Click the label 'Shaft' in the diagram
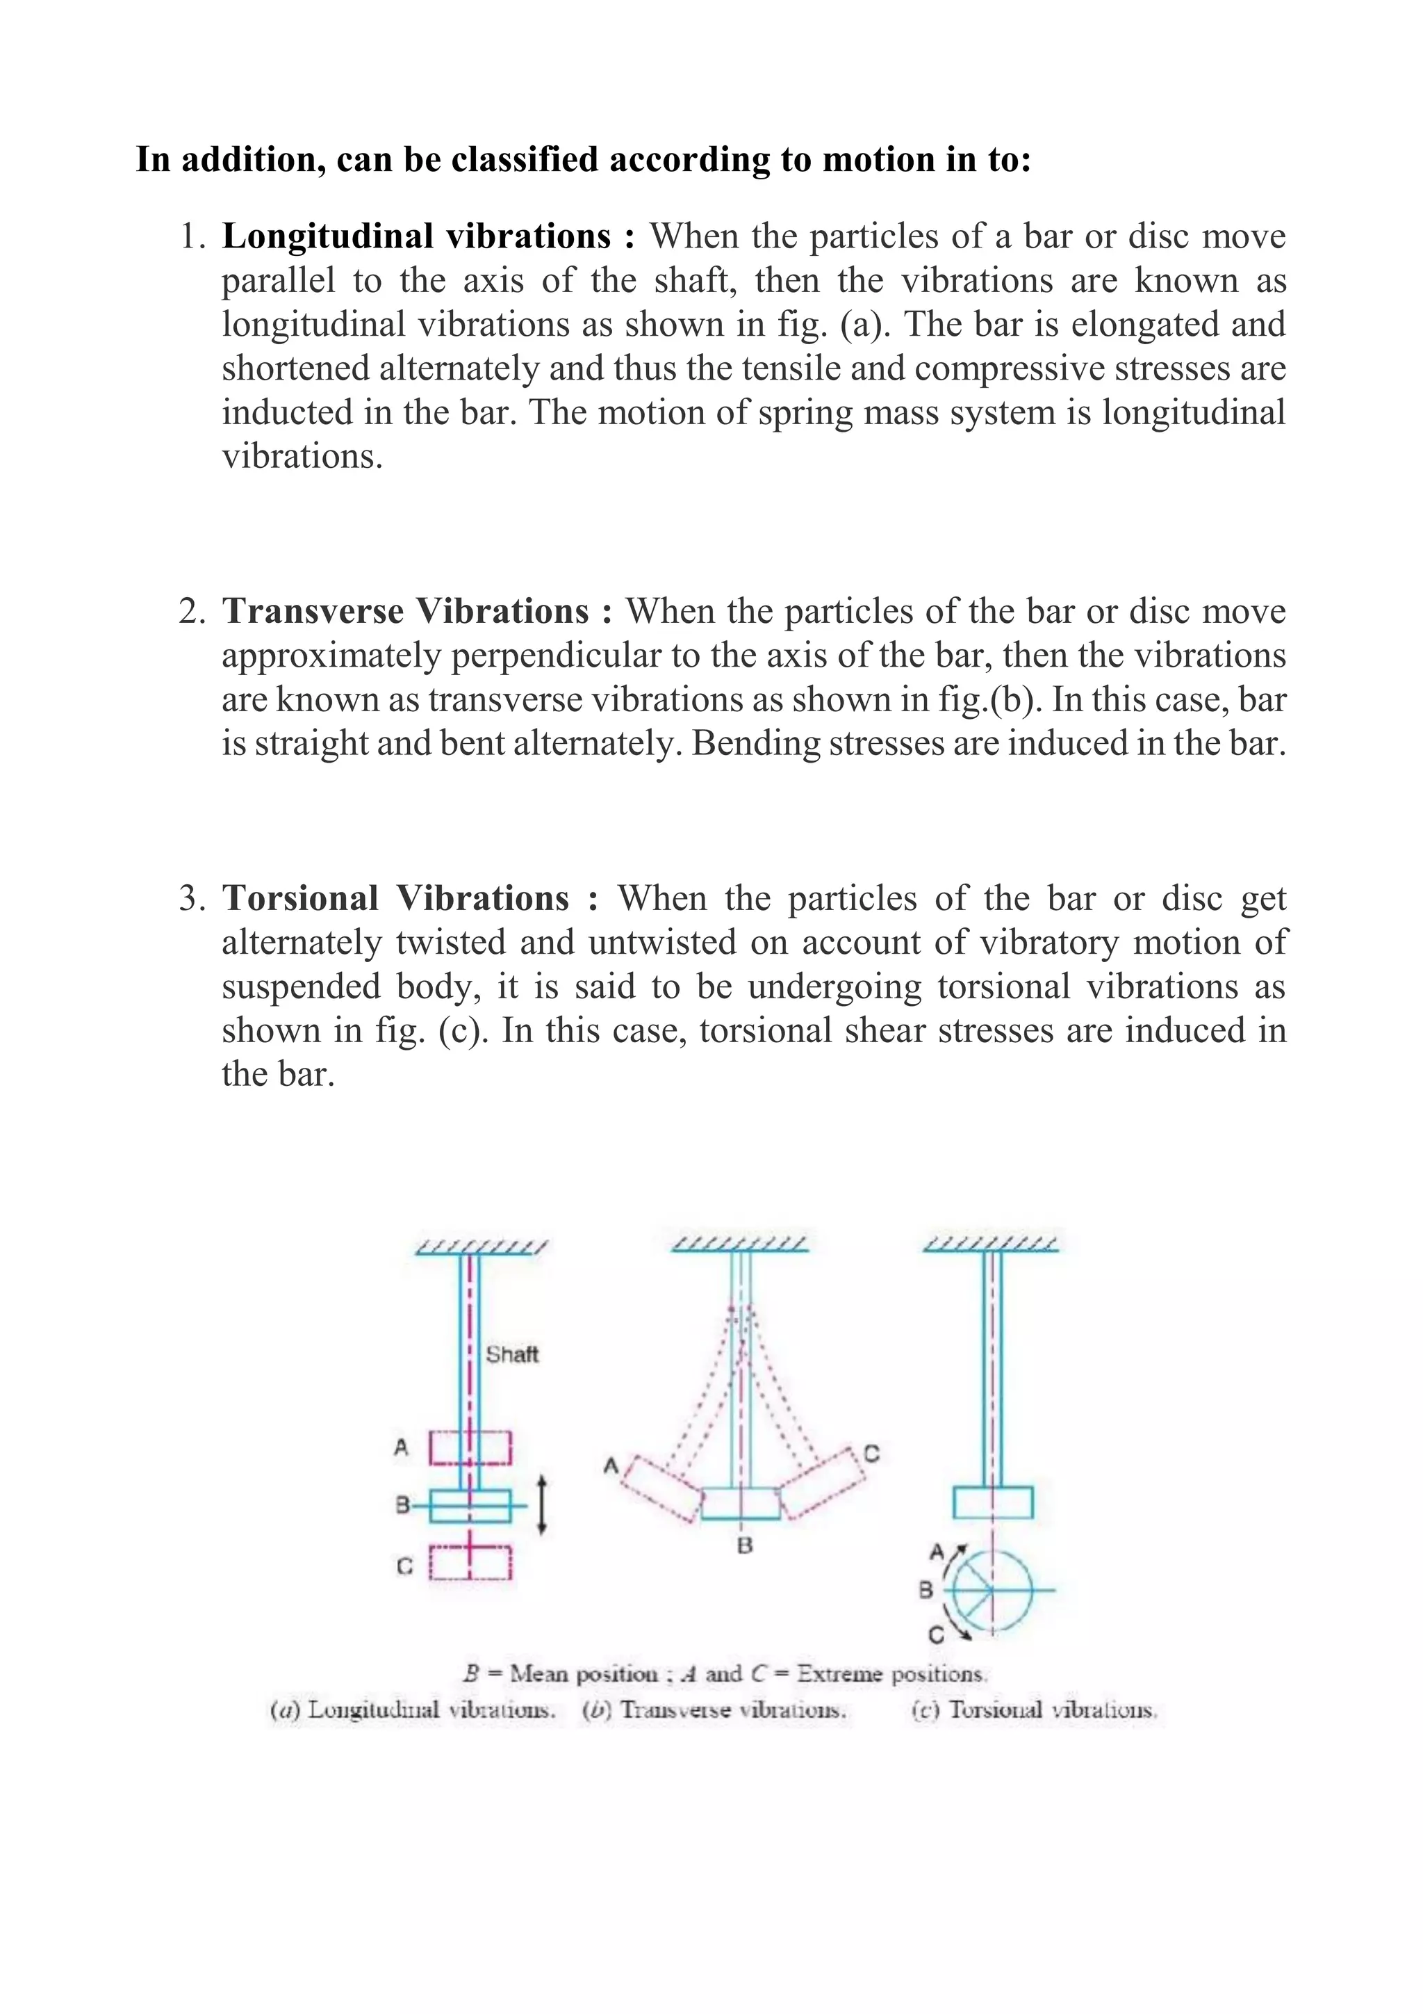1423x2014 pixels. (x=512, y=1354)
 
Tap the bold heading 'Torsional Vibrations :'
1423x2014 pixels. (x=409, y=898)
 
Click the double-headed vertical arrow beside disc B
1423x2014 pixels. (x=542, y=1505)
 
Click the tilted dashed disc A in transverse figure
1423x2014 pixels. (x=662, y=1489)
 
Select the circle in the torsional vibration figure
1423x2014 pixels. (x=992, y=1589)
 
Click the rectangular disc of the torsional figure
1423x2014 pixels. (x=992, y=1502)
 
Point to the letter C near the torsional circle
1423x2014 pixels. (x=935, y=1635)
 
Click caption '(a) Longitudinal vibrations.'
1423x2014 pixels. (x=412, y=1710)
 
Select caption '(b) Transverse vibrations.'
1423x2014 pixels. (x=714, y=1710)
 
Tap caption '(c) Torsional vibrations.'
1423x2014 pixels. (x=1035, y=1710)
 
